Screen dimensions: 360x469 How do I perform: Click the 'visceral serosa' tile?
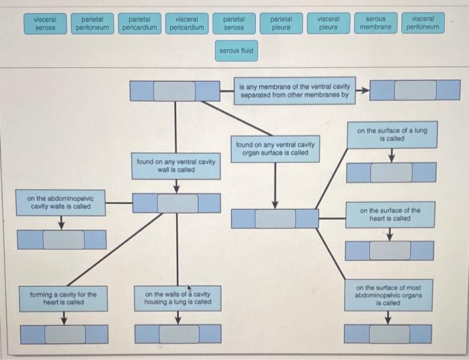(x=45, y=23)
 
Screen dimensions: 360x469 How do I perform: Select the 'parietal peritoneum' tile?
(x=92, y=23)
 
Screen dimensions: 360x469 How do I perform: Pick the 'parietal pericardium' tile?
(x=140, y=23)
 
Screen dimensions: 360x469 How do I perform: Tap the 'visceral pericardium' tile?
(x=187, y=23)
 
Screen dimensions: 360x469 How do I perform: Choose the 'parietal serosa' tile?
(x=234, y=23)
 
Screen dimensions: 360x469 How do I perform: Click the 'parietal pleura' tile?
(x=281, y=23)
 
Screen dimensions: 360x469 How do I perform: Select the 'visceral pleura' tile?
(x=328, y=23)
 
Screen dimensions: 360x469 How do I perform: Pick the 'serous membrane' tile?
(x=375, y=23)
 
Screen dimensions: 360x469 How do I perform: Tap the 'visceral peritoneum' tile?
(x=423, y=23)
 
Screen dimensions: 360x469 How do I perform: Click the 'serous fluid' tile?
(x=236, y=50)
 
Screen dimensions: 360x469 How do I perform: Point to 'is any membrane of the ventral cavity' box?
(x=295, y=91)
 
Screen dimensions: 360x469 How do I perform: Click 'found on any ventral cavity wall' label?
(x=176, y=166)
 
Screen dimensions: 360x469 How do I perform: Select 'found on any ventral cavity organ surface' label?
(x=275, y=148)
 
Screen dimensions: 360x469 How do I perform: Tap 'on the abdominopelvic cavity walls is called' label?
(x=61, y=202)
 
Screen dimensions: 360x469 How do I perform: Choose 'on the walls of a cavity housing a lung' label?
(x=178, y=298)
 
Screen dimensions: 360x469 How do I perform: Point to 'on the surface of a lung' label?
(x=391, y=134)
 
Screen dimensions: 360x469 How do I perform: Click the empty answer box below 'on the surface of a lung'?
(x=391, y=172)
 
